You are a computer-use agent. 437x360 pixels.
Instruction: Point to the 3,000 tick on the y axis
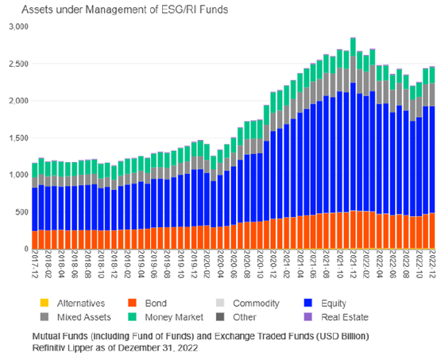coord(16,27)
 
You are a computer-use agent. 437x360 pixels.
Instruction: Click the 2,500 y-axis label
coord(16,64)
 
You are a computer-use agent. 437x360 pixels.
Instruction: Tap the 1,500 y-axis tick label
coord(16,138)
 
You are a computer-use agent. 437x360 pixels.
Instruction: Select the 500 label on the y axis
coord(20,212)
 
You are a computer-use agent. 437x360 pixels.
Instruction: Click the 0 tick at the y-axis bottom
coord(25,249)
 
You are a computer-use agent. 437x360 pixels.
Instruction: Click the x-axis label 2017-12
coord(33,267)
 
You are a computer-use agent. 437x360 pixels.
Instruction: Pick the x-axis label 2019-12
coord(193,267)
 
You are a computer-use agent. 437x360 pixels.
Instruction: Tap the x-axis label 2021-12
coord(353,267)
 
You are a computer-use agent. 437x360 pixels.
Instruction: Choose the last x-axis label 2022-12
coord(432,267)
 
